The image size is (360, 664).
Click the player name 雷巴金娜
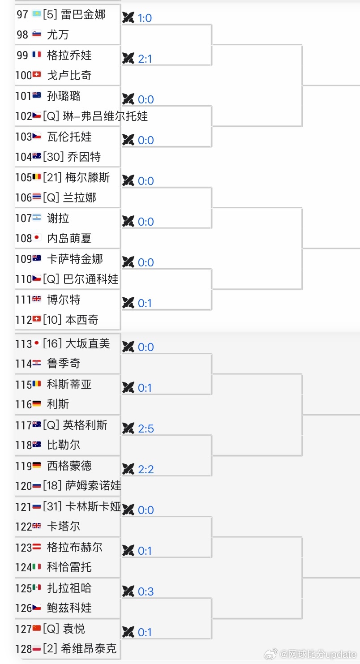tap(83, 14)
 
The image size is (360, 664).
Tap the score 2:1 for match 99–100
tap(145, 59)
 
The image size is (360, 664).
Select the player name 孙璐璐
tap(64, 96)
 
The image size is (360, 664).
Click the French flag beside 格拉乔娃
tap(37, 55)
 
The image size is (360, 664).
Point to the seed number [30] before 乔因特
tap(54, 157)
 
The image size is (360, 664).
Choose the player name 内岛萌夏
tap(69, 238)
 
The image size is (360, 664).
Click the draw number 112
tap(23, 320)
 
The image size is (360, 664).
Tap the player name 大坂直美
tap(88, 344)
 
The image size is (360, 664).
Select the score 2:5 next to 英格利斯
tap(146, 429)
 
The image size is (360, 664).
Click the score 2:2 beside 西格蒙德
tap(146, 470)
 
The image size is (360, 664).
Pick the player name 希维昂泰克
tap(91, 649)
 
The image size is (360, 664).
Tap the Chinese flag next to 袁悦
tap(37, 629)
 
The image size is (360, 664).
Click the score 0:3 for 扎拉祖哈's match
tap(146, 592)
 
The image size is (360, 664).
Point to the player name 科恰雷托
tap(69, 567)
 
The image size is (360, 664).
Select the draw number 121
tap(23, 506)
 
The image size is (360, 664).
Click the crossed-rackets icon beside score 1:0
tap(128, 17)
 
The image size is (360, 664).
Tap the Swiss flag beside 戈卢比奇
tap(37, 75)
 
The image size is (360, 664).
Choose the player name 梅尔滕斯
tap(88, 177)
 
